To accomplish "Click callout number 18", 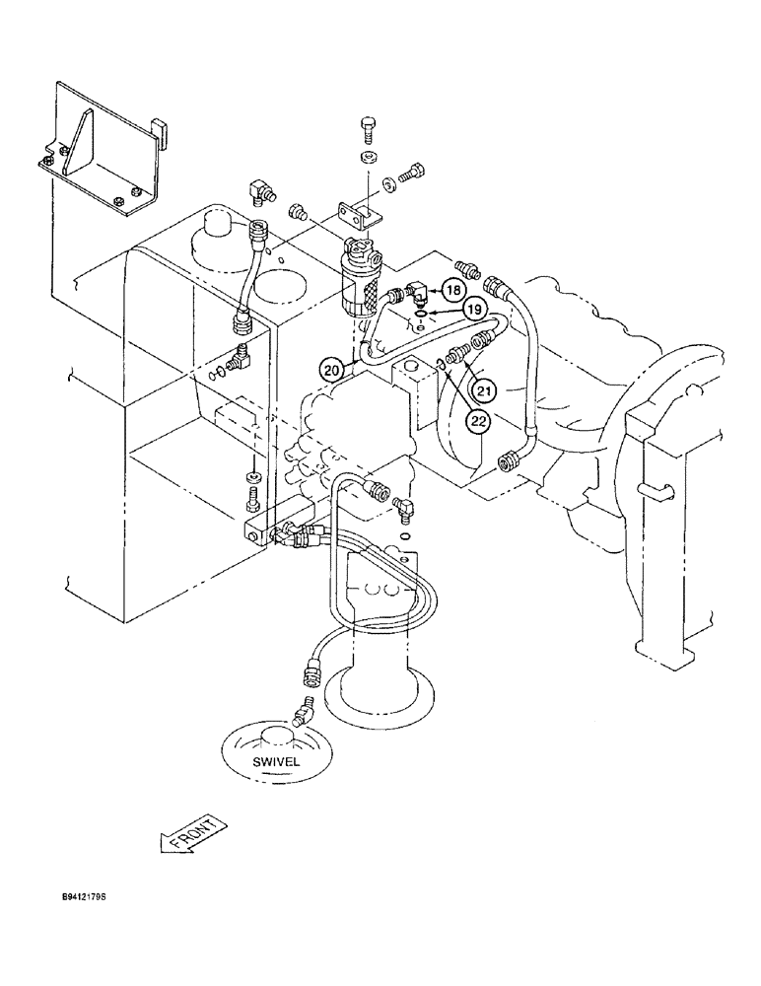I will [451, 290].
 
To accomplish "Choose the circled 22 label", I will [479, 421].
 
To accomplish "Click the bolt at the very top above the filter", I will [369, 128].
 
